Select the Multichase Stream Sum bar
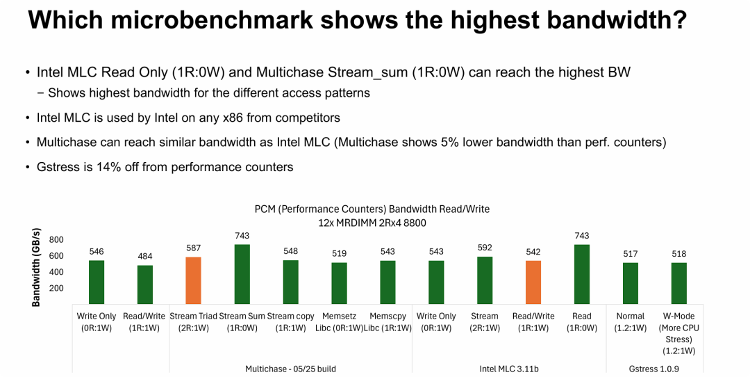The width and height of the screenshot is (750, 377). (242, 273)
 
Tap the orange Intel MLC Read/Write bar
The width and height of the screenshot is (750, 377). (533, 282)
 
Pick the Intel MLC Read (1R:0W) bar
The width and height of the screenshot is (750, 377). (582, 273)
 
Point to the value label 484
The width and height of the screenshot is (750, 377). (144, 256)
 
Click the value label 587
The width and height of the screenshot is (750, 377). (193, 248)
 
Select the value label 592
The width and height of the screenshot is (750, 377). (485, 248)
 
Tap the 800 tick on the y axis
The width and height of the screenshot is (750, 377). (56, 240)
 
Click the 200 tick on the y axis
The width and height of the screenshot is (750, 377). (56, 288)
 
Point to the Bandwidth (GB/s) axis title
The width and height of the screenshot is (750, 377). (37, 267)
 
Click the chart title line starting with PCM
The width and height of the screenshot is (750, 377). (372, 209)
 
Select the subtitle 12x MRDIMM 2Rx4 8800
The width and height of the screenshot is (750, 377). (372, 223)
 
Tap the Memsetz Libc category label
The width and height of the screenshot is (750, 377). (339, 322)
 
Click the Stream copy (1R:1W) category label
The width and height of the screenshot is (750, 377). (290, 322)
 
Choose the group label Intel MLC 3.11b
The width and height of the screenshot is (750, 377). (509, 369)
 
